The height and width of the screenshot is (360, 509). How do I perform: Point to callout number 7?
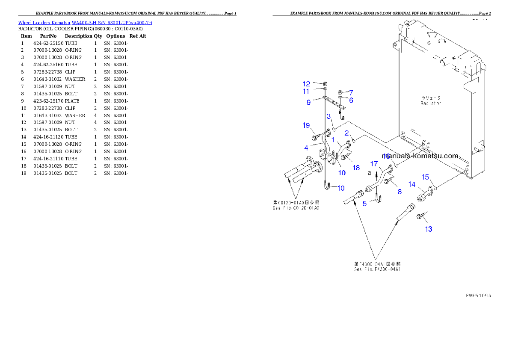(351, 92)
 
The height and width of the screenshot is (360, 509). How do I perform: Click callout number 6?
(351, 100)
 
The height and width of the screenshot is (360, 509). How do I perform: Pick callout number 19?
(306, 125)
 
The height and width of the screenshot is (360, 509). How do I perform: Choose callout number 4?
(306, 148)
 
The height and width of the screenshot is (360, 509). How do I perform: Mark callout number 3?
(328, 116)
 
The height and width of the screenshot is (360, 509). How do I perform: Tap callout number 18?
(356, 168)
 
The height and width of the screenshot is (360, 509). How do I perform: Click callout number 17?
(374, 164)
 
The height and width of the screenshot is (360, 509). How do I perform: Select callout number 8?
(400, 192)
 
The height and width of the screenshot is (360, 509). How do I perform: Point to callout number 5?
(364, 204)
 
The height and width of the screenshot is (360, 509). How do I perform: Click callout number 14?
(412, 184)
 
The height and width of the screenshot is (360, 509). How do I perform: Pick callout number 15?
(426, 177)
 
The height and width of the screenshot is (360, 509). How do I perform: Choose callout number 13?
(429, 229)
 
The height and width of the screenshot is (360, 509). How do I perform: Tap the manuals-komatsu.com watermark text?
(420, 156)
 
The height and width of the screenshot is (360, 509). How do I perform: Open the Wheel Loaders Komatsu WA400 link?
(85, 23)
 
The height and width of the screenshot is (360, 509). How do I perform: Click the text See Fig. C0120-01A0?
(296, 208)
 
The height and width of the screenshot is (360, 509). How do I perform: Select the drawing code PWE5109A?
(478, 295)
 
